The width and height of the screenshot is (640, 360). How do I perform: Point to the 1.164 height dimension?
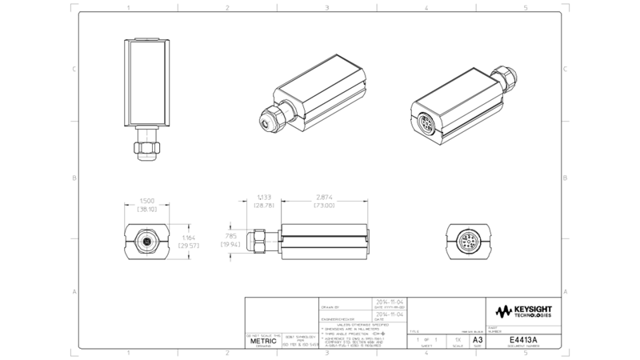tap(186, 238)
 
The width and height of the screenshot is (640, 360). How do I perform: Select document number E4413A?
tap(524, 340)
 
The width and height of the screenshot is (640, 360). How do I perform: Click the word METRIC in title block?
tap(263, 341)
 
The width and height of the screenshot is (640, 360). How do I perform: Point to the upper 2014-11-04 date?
tap(386, 303)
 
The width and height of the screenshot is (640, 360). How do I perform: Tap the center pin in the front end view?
tap(146, 241)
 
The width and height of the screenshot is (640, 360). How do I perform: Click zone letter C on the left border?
tap(74, 70)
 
